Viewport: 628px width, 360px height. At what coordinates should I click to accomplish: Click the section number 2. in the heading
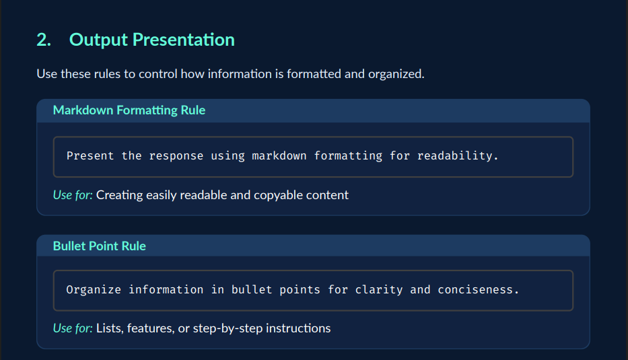pyautogui.click(x=44, y=40)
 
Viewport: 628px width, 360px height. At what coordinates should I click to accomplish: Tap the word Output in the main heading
pyautogui.click(x=98, y=40)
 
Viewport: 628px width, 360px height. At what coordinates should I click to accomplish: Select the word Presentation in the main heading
pyautogui.click(x=184, y=40)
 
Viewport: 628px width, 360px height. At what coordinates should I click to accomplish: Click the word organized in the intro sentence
pyautogui.click(x=396, y=74)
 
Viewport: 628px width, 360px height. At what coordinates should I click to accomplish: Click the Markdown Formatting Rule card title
pyautogui.click(x=129, y=110)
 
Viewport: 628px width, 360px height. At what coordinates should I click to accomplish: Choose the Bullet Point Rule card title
pyautogui.click(x=100, y=246)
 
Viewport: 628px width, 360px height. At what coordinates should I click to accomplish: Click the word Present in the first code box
pyautogui.click(x=90, y=155)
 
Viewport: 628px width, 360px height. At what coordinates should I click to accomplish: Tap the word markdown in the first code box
pyautogui.click(x=279, y=155)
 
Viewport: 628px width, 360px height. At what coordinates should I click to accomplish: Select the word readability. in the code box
pyautogui.click(x=458, y=155)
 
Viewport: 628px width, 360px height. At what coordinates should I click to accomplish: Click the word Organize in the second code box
pyautogui.click(x=94, y=289)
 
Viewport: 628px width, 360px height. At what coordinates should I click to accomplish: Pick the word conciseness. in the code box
pyautogui.click(x=478, y=289)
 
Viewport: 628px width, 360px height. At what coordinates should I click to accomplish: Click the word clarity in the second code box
pyautogui.click(x=379, y=289)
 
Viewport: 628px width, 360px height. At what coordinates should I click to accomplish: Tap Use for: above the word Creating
pyautogui.click(x=73, y=195)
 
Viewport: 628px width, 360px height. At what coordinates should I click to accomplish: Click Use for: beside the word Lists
pyautogui.click(x=73, y=328)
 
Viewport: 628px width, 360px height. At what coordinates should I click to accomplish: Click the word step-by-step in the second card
pyautogui.click(x=228, y=329)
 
